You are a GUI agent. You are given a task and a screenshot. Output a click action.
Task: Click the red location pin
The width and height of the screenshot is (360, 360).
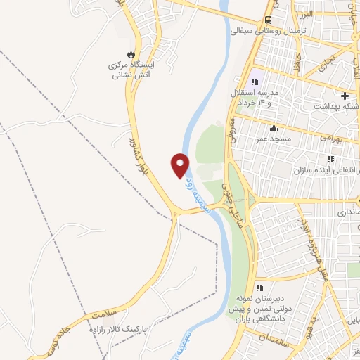coord(181,165)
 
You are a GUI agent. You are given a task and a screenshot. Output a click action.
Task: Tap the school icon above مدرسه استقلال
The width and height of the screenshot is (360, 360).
coord(254,82)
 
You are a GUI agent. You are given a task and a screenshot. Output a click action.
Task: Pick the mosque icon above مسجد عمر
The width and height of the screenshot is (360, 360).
coord(274,128)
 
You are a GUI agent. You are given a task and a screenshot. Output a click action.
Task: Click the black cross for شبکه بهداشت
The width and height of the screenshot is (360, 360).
coord(345,96)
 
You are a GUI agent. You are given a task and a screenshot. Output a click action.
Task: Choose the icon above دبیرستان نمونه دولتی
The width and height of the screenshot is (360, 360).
coord(259,287)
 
